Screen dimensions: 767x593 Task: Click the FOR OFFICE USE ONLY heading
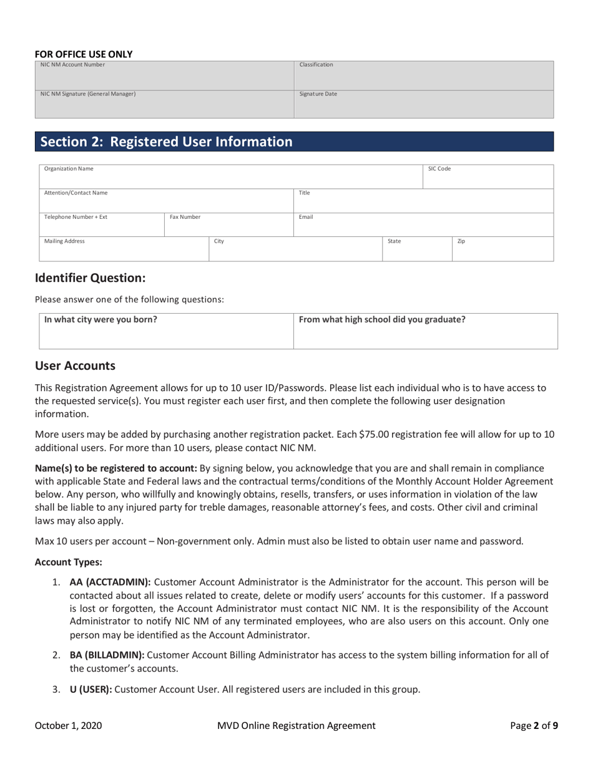pyautogui.click(x=84, y=54)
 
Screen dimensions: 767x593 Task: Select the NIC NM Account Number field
pyautogui.click(x=164, y=75)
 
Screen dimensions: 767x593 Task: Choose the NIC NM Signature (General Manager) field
pyautogui.click(x=164, y=105)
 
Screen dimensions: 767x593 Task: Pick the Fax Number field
pyautogui.click(x=228, y=224)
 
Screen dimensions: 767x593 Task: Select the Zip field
pyautogui.click(x=502, y=248)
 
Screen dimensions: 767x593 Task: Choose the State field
pyautogui.click(x=416, y=248)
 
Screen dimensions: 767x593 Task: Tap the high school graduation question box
pyautogui.click(x=425, y=331)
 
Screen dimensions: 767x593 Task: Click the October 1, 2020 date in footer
pyautogui.click(x=69, y=725)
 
